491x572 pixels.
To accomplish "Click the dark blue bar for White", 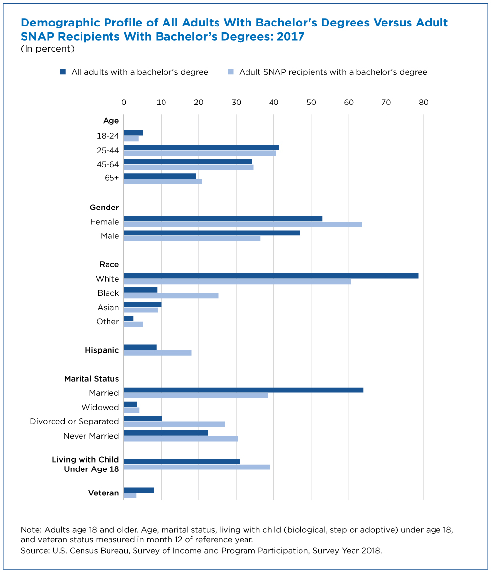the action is point(271,276).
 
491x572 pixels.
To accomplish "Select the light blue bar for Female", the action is point(243,224).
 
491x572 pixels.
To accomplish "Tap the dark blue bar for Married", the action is point(244,390).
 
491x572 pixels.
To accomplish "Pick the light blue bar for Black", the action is point(171,296).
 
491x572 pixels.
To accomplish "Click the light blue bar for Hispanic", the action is point(158,353).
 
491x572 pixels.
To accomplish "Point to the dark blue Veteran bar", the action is point(139,490).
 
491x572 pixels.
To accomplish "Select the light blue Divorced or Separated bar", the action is point(174,424).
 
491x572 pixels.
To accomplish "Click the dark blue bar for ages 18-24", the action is point(133,133).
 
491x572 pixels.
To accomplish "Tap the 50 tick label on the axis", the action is point(311,103).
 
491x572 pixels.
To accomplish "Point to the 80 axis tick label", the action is point(423,103).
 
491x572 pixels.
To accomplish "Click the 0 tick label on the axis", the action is point(124,103).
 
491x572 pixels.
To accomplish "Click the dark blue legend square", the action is point(63,72).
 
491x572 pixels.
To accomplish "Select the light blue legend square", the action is point(231,72).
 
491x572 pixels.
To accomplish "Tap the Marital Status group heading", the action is point(92,379).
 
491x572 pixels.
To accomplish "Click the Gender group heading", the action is point(105,207).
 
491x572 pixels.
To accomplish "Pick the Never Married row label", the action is point(91,436).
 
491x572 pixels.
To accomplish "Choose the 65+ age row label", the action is point(112,178).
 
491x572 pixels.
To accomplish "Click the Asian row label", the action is point(108,308).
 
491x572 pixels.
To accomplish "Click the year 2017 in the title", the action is point(291,37).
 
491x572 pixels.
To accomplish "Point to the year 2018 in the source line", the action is point(371,551).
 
